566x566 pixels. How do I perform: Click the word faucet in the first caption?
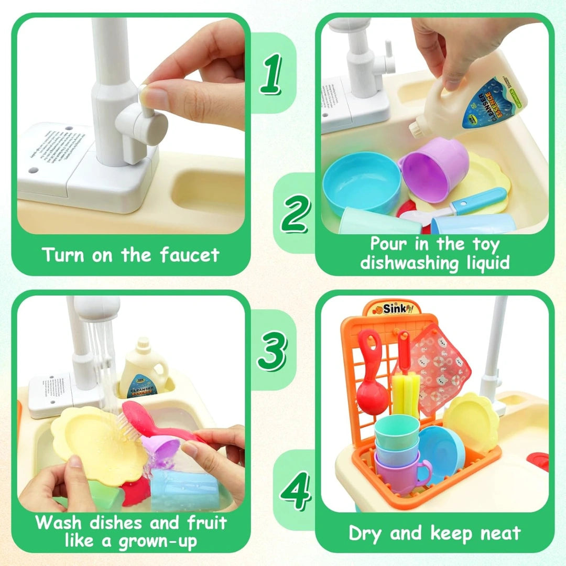189,255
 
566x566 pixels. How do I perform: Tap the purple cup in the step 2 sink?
434,168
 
